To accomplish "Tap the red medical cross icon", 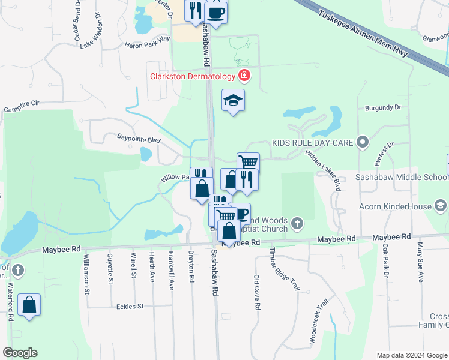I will click(244, 76).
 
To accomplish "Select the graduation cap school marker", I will click(233, 101).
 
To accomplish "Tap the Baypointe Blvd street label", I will click(139, 139).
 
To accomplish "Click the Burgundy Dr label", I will click(382, 108).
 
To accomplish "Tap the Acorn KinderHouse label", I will click(396, 207).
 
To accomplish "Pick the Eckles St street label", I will click(133, 306).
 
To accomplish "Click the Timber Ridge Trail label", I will click(285, 269).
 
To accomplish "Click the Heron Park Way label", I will click(147, 41).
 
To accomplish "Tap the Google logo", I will click(20, 353).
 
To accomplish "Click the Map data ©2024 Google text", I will click(411, 355).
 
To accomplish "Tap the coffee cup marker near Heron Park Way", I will click(215, 12).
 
